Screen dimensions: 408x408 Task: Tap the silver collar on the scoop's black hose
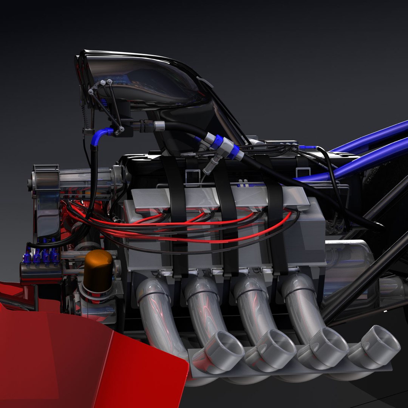tap(159, 126)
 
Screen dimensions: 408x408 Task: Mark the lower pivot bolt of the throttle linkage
tap(121, 129)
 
